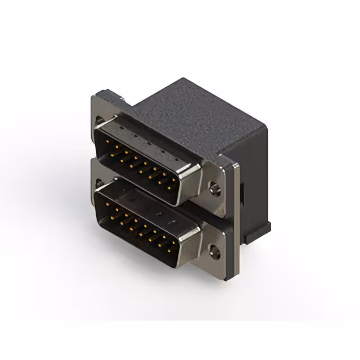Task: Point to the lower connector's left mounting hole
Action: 100,183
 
